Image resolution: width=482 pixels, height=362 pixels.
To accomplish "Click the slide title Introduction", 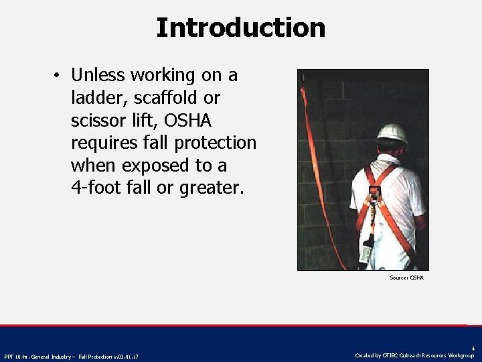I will pyautogui.click(x=240, y=27).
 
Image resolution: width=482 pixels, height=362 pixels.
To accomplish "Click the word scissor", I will pyautogui.click(x=98, y=120).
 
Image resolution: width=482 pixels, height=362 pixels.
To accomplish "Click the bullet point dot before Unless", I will pyautogui.click(x=59, y=76).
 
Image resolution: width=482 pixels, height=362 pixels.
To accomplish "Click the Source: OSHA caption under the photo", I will pyautogui.click(x=407, y=278).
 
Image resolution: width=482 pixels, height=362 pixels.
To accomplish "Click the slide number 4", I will pyautogui.click(x=473, y=348).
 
